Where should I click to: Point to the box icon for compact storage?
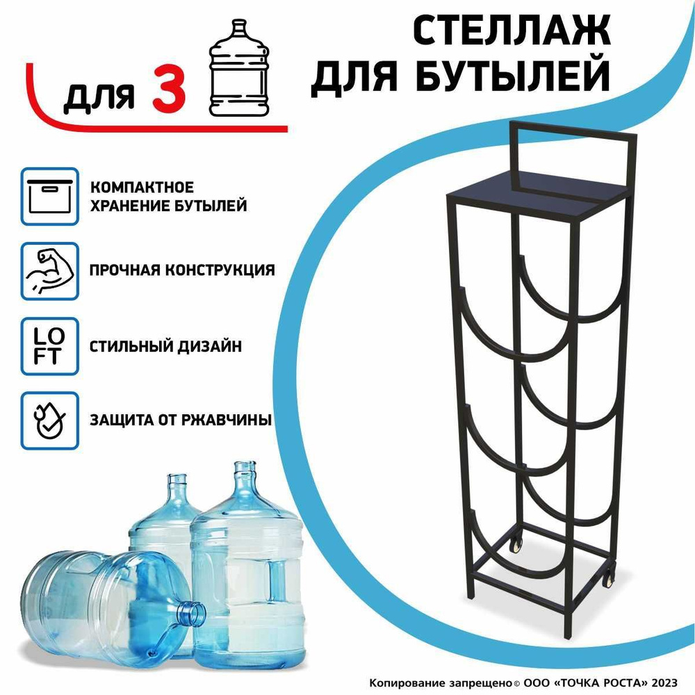[49, 196]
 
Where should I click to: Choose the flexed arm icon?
[49, 271]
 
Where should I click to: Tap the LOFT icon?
[49, 345]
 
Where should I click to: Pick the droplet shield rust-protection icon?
[49, 421]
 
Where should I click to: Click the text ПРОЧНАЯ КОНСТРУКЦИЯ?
[182, 270]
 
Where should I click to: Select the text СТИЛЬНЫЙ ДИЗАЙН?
[165, 345]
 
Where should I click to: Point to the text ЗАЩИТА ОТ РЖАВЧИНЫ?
[179, 420]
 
